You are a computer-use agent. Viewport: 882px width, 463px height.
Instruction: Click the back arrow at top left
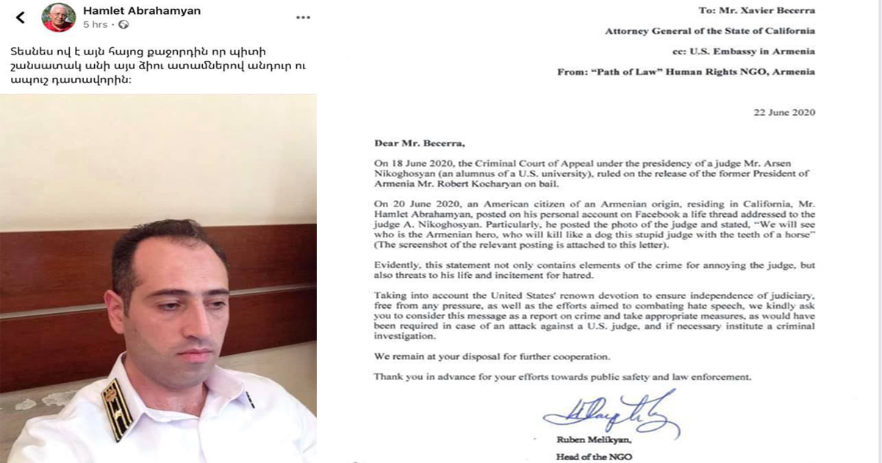pos(20,17)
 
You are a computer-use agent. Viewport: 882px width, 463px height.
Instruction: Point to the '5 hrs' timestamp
pos(95,25)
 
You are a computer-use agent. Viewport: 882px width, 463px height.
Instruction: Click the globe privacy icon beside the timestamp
pos(123,25)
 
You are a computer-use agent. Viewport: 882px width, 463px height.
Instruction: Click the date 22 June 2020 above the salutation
pos(784,112)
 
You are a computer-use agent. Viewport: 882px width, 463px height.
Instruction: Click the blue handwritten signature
pos(611,415)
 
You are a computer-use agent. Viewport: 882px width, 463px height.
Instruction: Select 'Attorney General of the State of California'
pos(709,31)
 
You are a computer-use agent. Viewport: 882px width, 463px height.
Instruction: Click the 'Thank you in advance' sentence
pos(562,377)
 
